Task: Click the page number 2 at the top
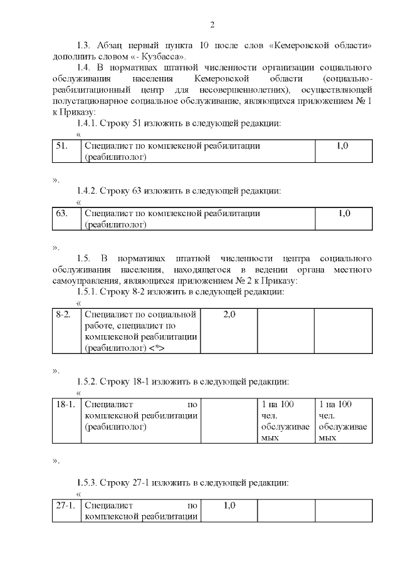(x=212, y=25)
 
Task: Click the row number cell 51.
(x=61, y=145)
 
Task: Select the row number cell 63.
(x=61, y=214)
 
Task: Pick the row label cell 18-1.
(x=65, y=405)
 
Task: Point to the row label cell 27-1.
(x=65, y=505)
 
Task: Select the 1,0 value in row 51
(x=343, y=145)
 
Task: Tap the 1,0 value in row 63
(x=343, y=214)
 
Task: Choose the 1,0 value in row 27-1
(x=229, y=505)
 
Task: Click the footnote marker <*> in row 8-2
(x=157, y=348)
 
